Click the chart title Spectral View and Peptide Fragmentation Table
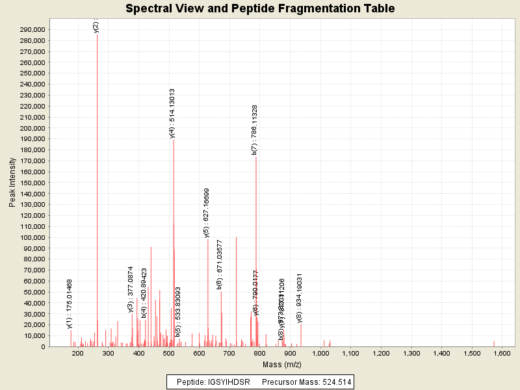(x=260, y=8)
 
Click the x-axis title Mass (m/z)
(x=281, y=365)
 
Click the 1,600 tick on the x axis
(x=502, y=353)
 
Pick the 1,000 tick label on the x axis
(x=320, y=353)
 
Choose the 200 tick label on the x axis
(x=78, y=353)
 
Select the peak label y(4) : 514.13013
(x=172, y=113)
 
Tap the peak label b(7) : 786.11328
(x=255, y=130)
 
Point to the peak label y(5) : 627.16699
(x=207, y=213)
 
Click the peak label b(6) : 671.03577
(x=220, y=265)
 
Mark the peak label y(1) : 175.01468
(x=70, y=304)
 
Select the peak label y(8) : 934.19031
(x=300, y=298)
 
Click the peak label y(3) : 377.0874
(x=131, y=289)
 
